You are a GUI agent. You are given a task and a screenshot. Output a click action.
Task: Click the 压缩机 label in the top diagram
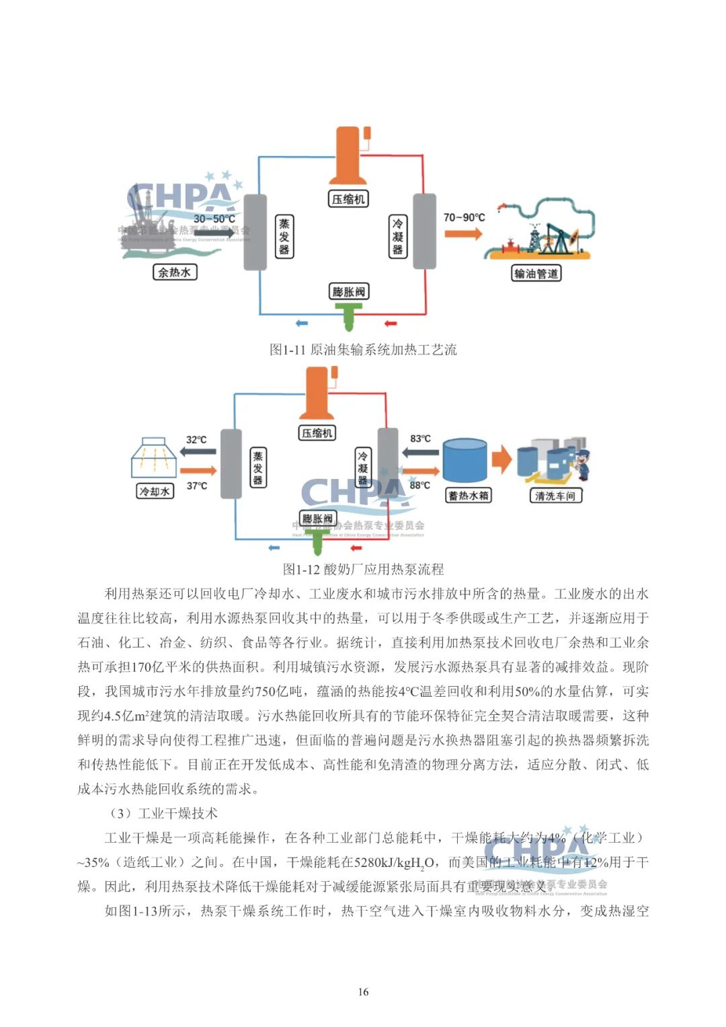(x=348, y=199)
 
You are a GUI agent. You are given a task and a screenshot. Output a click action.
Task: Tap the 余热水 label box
(x=175, y=272)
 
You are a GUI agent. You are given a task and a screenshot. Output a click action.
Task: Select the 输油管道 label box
(x=536, y=273)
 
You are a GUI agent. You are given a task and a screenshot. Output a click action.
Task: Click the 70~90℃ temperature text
(x=464, y=217)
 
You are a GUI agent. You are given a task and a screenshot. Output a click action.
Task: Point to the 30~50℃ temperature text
(x=214, y=219)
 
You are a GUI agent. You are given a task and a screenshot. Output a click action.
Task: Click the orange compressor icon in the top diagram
(x=348, y=155)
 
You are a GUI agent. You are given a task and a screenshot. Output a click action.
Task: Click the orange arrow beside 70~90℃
(x=462, y=233)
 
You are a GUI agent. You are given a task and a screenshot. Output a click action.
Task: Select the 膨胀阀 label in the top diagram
(x=349, y=291)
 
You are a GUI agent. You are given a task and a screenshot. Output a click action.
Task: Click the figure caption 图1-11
(x=363, y=349)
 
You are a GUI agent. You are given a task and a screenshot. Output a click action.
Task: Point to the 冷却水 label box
(x=155, y=492)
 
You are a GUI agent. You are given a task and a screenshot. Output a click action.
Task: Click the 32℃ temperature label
(x=196, y=440)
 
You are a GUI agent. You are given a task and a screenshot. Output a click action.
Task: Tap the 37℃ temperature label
(x=197, y=486)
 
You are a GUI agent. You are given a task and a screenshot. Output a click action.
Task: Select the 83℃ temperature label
(x=420, y=439)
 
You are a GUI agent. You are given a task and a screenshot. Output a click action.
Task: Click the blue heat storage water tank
(x=465, y=461)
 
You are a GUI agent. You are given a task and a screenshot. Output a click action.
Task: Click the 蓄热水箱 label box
(x=469, y=496)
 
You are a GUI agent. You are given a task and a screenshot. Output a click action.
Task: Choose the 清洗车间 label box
(x=555, y=496)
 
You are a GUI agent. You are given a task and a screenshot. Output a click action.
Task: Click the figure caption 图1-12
(x=363, y=569)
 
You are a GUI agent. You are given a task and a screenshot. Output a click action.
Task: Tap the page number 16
(x=363, y=991)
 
